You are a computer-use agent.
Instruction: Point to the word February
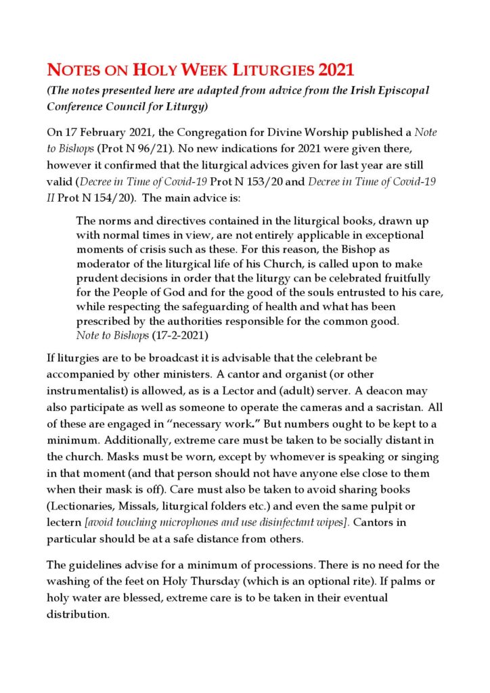coord(114,133)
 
